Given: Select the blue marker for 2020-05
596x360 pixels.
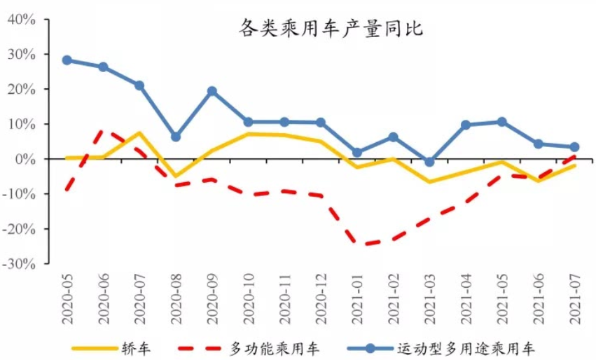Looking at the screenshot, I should pos(67,60).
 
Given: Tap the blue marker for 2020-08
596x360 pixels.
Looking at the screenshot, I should pos(176,137).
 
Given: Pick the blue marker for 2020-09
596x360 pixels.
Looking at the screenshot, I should pos(212,91).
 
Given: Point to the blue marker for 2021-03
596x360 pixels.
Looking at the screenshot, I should pos(429,162).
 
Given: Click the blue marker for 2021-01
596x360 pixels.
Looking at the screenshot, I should pos(357,152).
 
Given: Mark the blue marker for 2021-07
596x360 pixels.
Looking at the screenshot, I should pos(574,147).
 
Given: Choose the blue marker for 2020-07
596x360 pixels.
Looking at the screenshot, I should pos(139,85).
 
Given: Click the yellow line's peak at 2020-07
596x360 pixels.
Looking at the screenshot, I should pos(139,133).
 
